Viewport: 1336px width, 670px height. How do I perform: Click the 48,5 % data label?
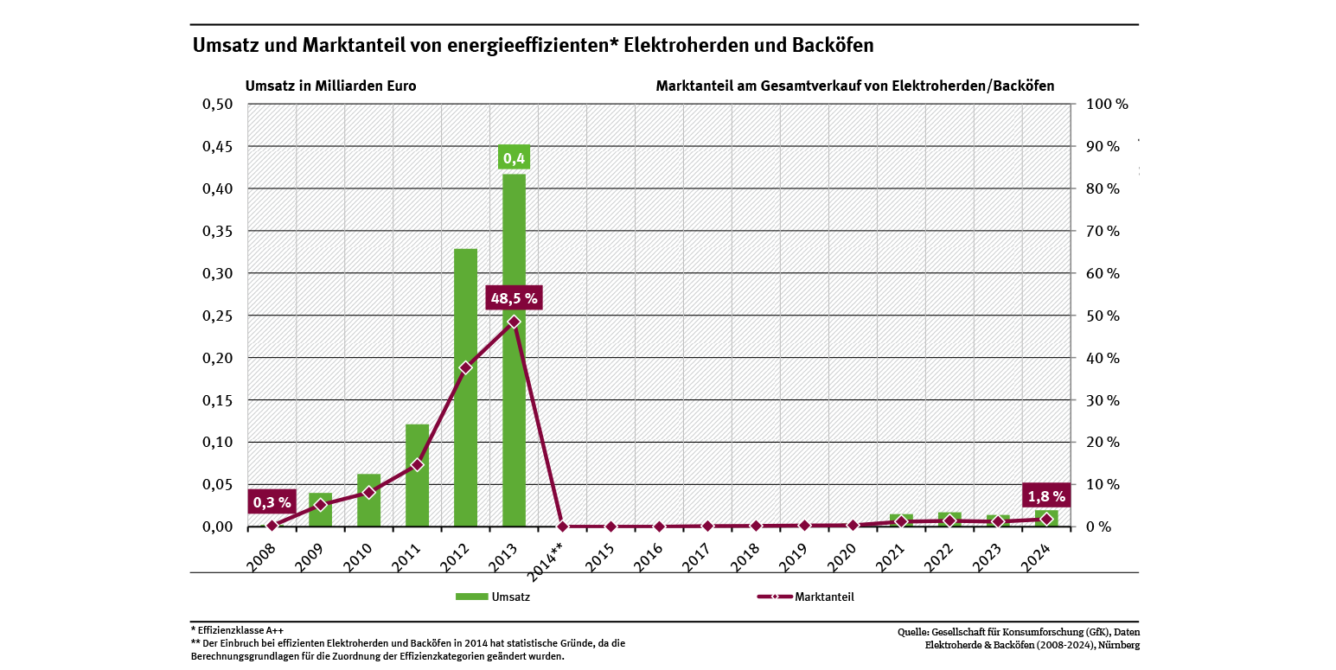click(x=514, y=299)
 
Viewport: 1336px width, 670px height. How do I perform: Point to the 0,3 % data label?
click(x=272, y=501)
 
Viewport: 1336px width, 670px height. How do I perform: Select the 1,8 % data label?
click(x=1046, y=496)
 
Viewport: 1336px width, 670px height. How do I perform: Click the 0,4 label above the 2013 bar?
click(x=514, y=158)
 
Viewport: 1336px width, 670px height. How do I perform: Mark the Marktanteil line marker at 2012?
click(x=465, y=367)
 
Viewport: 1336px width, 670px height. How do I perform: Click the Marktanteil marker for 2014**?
click(x=562, y=526)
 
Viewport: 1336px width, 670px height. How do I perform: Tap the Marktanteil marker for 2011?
click(x=417, y=464)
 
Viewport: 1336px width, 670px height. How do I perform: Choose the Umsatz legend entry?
click(x=493, y=597)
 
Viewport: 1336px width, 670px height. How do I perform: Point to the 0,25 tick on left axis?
click(x=217, y=316)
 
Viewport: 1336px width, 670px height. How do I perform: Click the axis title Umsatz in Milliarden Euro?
click(x=331, y=86)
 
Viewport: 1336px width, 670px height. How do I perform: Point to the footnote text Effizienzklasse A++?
click(x=239, y=630)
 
